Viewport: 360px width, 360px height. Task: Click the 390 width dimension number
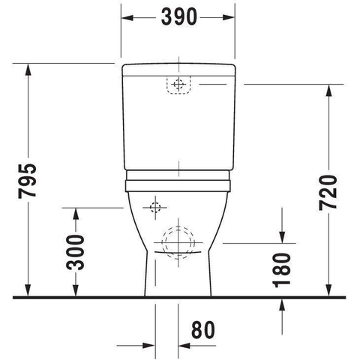coord(179,16)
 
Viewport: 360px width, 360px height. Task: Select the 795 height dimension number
coord(27,181)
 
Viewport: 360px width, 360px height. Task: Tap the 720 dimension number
coord(328,192)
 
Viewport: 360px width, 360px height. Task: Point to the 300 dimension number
coord(75,253)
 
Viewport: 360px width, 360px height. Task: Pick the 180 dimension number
coord(282,270)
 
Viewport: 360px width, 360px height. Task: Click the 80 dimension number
coord(203,330)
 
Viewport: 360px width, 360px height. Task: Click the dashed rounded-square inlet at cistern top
coord(178,85)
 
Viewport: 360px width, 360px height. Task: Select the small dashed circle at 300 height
coord(155,208)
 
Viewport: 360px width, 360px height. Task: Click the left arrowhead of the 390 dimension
coord(127,18)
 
